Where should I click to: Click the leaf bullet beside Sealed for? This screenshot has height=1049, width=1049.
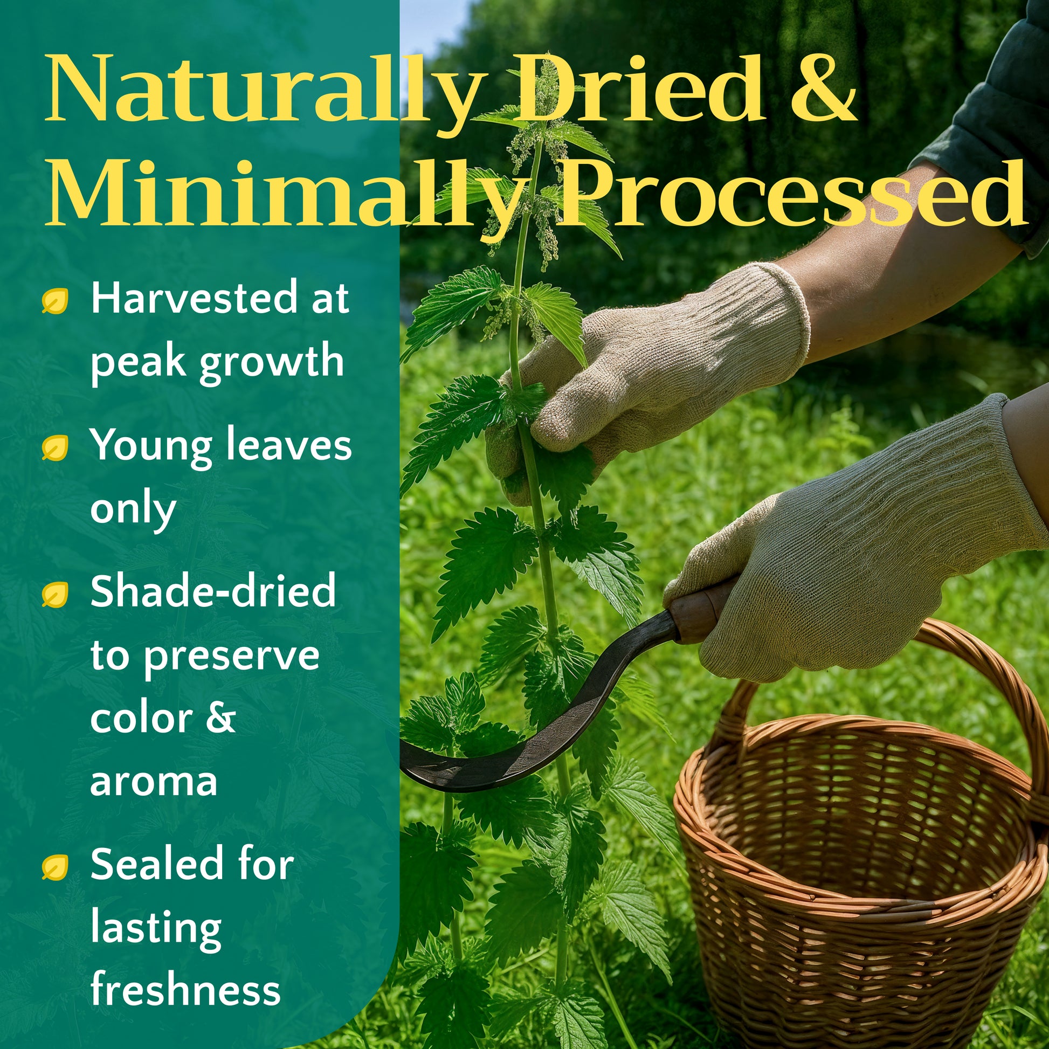coord(56,867)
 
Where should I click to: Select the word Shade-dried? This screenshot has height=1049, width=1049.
coord(213,592)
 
